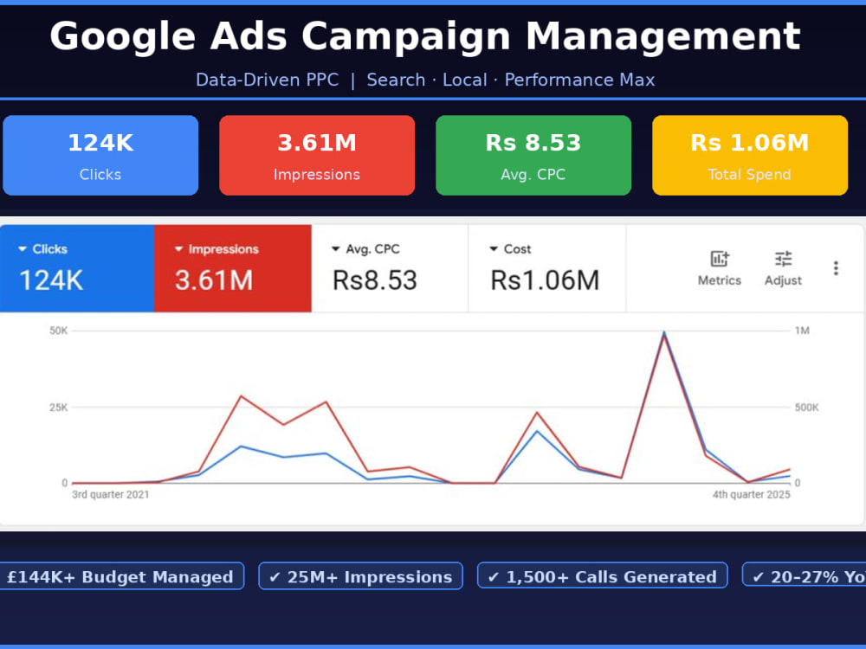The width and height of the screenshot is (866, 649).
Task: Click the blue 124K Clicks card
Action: coord(100,155)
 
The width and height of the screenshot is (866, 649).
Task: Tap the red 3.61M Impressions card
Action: coord(317,155)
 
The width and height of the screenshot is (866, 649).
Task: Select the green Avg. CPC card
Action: coord(533,155)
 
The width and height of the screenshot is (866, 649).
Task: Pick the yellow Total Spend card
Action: coord(750,155)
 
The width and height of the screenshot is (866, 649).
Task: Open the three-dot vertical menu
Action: coord(837,268)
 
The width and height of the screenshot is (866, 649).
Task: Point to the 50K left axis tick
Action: coord(59,331)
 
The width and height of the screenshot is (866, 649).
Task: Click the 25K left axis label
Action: coord(59,408)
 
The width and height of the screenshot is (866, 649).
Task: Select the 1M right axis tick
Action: coord(802,331)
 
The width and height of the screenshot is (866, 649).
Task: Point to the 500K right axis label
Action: coord(807,408)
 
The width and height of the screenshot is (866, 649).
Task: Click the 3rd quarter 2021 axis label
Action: coord(111,494)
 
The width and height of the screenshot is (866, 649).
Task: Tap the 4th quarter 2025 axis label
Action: coord(751,494)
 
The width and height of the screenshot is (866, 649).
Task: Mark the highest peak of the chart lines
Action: coord(664,332)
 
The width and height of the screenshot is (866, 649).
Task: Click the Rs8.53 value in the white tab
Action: coord(374,280)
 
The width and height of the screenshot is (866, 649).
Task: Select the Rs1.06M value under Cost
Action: coord(545,280)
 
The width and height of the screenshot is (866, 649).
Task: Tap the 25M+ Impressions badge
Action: coord(360,576)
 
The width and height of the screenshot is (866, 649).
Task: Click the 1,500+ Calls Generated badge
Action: coord(603,576)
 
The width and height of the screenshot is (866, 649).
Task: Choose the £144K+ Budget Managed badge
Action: coord(120,576)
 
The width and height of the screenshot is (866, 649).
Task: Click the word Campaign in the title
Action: coord(406,37)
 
